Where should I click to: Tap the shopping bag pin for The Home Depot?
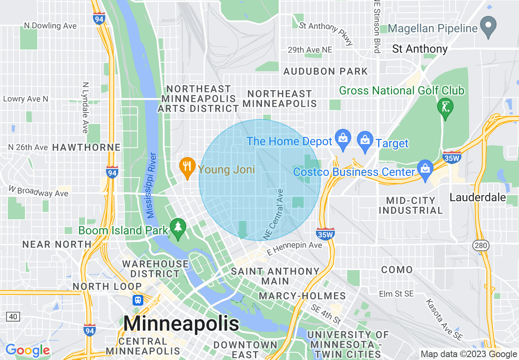(343, 139)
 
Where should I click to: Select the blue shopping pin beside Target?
(364, 141)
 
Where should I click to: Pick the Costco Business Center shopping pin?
(425, 170)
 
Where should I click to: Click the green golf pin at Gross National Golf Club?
(445, 108)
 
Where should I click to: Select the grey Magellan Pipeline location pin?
(488, 26)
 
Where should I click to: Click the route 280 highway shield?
(479, 245)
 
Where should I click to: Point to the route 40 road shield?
(13, 316)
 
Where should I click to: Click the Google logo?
(27, 351)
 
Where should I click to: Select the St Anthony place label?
(420, 49)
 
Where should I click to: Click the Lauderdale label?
(478, 197)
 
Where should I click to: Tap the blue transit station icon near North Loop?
(138, 300)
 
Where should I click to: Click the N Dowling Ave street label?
(50, 26)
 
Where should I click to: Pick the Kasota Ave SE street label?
(444, 319)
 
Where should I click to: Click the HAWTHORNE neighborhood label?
(86, 147)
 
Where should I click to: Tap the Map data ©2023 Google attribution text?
(469, 354)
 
